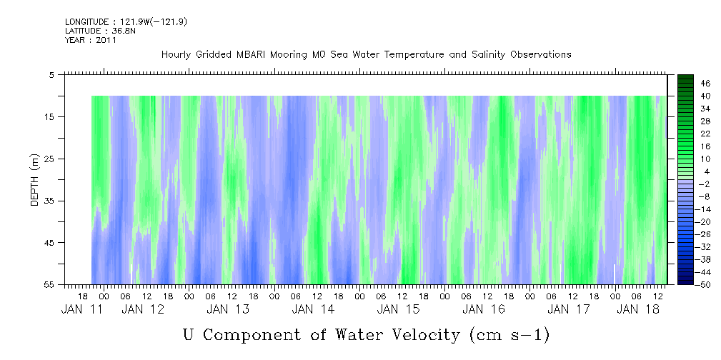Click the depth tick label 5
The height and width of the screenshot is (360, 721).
(52, 75)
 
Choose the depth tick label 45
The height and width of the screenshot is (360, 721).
(50, 243)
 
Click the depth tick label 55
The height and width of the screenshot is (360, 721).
(50, 284)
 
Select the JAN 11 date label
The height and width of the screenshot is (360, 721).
(80, 309)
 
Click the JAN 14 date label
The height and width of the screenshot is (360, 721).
(313, 309)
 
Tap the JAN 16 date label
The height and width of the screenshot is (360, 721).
(483, 309)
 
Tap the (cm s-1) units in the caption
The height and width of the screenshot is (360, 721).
(509, 334)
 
